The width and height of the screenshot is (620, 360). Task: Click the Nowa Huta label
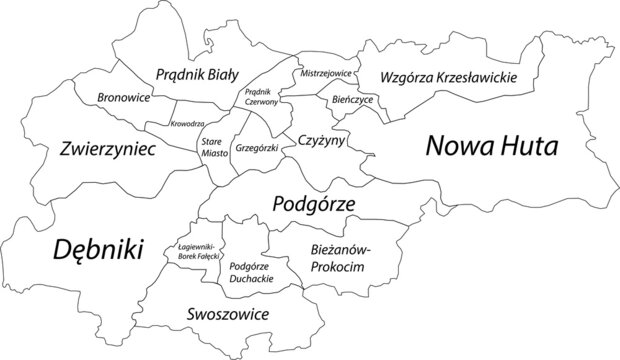492,146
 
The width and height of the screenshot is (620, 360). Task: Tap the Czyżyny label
321,142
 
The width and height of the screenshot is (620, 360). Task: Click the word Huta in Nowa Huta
529,146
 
